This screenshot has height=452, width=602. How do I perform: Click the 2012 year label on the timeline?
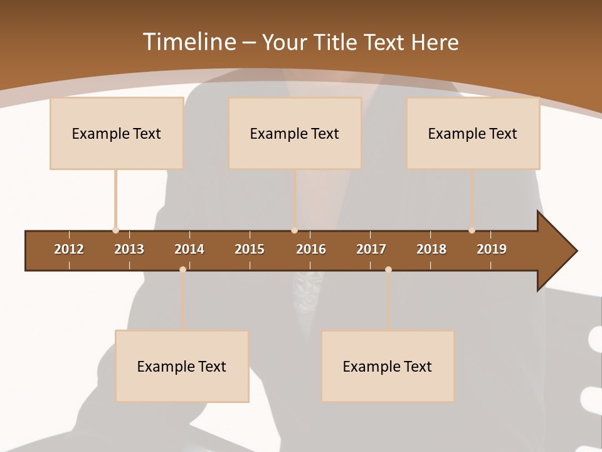click(x=69, y=249)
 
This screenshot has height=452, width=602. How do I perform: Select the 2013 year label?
click(x=129, y=249)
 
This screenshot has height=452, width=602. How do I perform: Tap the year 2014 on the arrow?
click(x=189, y=249)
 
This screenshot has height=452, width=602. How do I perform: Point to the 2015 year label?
click(x=250, y=249)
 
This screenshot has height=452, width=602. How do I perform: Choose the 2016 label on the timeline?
click(x=311, y=249)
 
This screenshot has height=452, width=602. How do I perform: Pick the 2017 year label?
click(x=371, y=249)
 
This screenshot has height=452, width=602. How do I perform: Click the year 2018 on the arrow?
click(x=431, y=249)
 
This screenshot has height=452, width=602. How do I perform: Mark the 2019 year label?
click(x=492, y=249)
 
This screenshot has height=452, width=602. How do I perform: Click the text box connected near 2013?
click(x=117, y=133)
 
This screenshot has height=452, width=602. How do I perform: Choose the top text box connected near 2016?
click(x=295, y=133)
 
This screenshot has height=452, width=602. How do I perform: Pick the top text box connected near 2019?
click(x=473, y=133)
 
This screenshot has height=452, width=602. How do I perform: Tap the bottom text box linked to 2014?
click(x=182, y=366)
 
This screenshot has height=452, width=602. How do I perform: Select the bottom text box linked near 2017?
click(x=388, y=366)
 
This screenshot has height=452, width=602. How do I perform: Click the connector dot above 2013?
click(x=115, y=230)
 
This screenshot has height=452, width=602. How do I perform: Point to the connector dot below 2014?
click(x=182, y=269)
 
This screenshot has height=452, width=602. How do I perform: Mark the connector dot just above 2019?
click(x=472, y=230)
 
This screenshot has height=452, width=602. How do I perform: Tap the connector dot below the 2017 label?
click(x=388, y=269)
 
